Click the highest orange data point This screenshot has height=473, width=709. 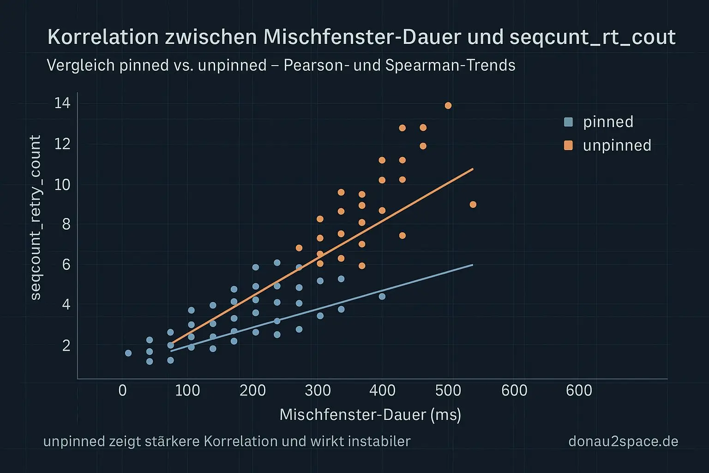pyautogui.click(x=448, y=106)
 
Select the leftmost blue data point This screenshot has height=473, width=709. pyautogui.click(x=128, y=353)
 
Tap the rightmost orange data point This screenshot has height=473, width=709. pyautogui.click(x=473, y=205)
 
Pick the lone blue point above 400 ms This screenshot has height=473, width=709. pyautogui.click(x=382, y=297)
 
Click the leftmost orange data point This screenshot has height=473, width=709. pyautogui.click(x=299, y=248)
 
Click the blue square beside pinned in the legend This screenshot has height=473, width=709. pyautogui.click(x=568, y=122)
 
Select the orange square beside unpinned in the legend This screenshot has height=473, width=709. pyautogui.click(x=568, y=146)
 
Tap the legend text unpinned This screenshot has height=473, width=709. pyautogui.click(x=617, y=146)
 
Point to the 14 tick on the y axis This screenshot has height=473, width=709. pyautogui.click(x=62, y=103)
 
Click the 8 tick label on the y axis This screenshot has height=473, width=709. pyautogui.click(x=66, y=224)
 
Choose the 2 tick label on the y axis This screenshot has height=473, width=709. pyautogui.click(x=66, y=346)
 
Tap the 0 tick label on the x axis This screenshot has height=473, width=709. pyautogui.click(x=122, y=391)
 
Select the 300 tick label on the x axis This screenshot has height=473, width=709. pyautogui.click(x=318, y=391)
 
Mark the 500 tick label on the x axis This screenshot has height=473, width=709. pyautogui.click(x=448, y=391)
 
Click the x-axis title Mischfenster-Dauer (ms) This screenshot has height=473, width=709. pyautogui.click(x=370, y=414)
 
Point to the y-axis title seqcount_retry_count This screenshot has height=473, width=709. pyautogui.click(x=36, y=218)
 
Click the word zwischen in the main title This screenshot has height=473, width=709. pyautogui.click(x=210, y=37)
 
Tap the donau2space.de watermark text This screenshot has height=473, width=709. pyautogui.click(x=623, y=442)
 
